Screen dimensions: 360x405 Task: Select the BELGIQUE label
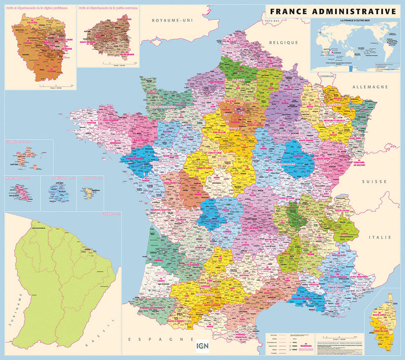tap(283, 43)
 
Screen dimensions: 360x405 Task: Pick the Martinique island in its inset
tap(22, 191)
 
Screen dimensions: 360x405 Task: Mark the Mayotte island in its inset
tap(91, 191)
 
